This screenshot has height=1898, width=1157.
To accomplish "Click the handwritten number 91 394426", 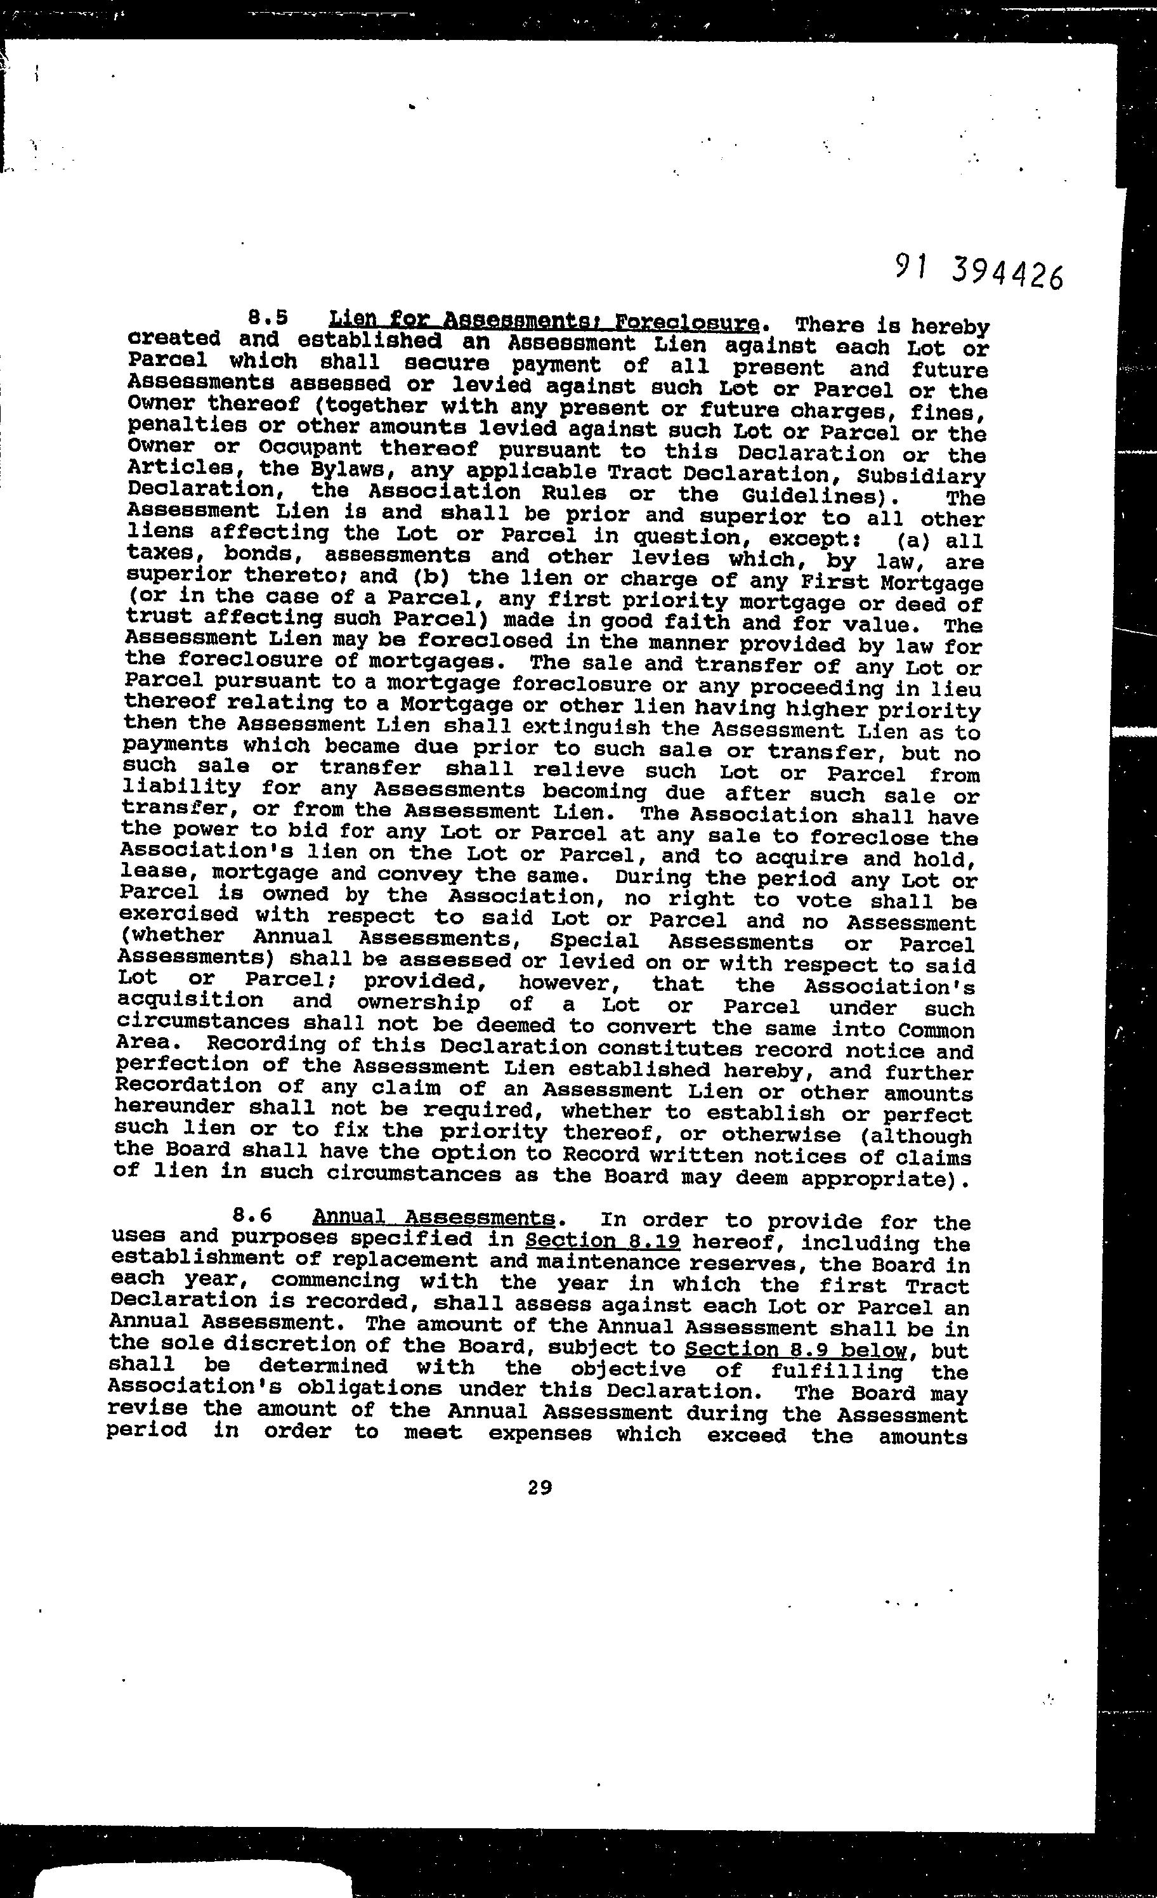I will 978,270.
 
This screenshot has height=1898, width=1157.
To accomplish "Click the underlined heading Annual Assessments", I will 433,1217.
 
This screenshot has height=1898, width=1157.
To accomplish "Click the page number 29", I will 540,1488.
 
